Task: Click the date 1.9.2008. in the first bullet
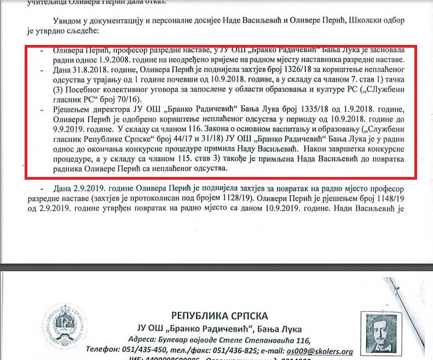pyautogui.click(x=99, y=59)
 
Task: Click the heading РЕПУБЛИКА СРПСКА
pyautogui.click(x=220, y=316)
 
